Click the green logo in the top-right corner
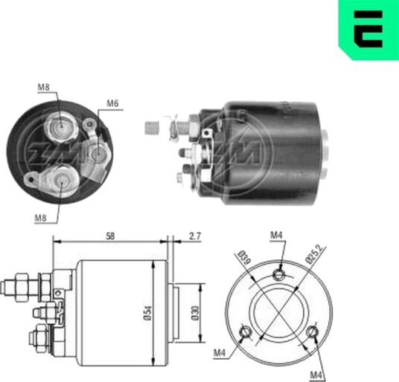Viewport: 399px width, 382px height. [368, 29]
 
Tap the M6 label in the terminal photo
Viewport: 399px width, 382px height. [112, 103]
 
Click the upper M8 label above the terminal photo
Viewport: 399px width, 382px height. [43, 87]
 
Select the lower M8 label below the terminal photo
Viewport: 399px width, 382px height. [41, 218]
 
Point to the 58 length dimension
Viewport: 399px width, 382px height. [110, 236]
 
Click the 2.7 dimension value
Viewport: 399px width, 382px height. [195, 236]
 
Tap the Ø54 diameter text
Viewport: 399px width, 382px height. [148, 313]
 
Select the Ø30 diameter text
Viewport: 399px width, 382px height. [196, 313]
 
